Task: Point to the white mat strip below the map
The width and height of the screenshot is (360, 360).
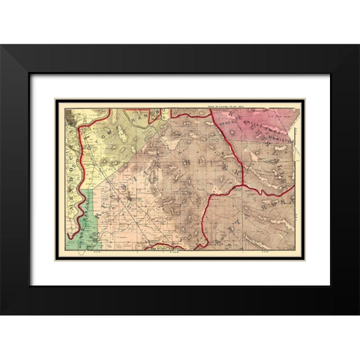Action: click(x=180, y=271)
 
